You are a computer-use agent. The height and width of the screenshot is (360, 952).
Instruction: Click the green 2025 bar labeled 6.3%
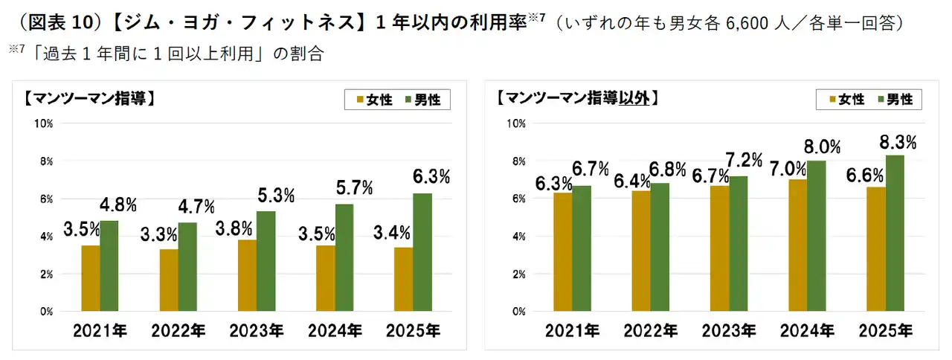[422, 252]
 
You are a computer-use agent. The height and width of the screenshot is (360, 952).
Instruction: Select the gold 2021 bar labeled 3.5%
[91, 278]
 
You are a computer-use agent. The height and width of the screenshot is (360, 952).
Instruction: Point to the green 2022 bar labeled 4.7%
[187, 267]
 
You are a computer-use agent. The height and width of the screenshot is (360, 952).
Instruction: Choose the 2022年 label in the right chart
[650, 331]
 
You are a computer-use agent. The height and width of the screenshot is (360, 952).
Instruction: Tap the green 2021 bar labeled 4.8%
[109, 266]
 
